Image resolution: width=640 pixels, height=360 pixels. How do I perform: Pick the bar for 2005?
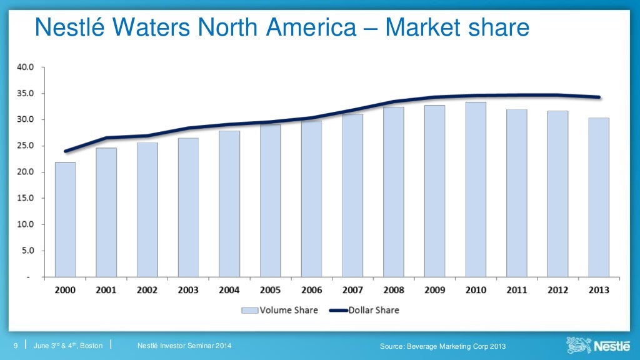[x=270, y=200]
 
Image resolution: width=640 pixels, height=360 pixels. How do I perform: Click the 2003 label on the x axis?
[x=188, y=290]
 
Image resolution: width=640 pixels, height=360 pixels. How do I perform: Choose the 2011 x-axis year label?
[x=516, y=290]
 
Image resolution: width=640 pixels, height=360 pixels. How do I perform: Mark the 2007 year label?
[x=352, y=290]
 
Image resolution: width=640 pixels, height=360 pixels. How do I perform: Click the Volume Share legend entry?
[x=279, y=310]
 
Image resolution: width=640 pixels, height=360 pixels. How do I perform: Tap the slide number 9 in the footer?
[x=16, y=346]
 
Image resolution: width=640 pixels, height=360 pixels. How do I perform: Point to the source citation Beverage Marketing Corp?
[x=442, y=347]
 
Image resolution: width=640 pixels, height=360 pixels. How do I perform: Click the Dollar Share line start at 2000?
[x=65, y=151]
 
